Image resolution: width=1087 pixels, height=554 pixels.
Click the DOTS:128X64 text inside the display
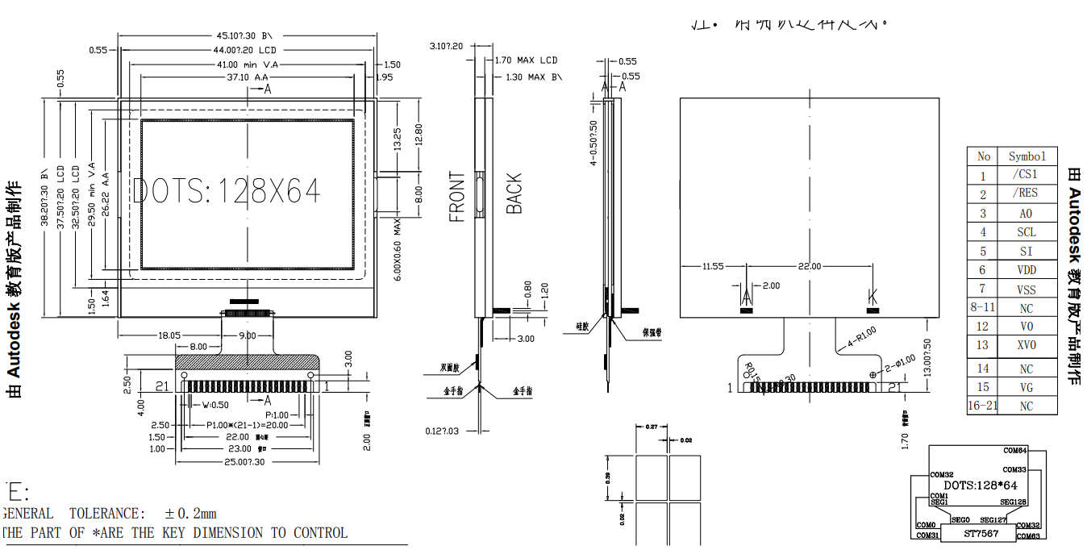(x=227, y=191)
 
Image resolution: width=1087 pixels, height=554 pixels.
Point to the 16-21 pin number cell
(x=982, y=406)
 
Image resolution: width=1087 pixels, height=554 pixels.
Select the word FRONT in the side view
(x=457, y=196)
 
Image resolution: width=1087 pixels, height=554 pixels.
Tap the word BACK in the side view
(x=514, y=194)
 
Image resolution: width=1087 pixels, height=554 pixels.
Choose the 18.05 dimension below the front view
(x=169, y=335)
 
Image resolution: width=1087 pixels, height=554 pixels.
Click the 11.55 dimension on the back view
(x=712, y=266)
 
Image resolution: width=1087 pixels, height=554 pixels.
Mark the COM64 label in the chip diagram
(x=1014, y=450)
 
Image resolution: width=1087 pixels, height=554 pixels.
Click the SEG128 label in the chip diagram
(x=1010, y=502)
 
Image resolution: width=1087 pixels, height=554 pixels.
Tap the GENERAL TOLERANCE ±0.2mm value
(x=190, y=514)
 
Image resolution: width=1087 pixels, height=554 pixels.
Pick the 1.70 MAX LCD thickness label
(x=526, y=60)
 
